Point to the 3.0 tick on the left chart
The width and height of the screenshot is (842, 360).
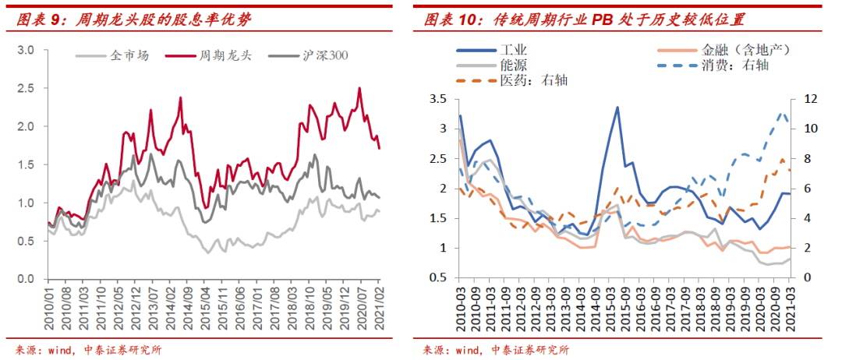27,50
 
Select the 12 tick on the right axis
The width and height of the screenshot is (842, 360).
808,99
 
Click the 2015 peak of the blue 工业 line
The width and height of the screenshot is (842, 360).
617,108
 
